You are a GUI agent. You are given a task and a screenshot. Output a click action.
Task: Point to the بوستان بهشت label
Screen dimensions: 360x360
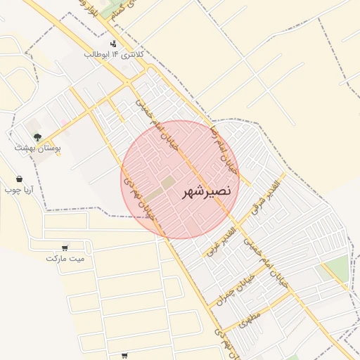point(38,148)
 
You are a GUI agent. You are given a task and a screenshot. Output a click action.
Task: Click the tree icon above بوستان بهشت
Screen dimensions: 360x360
point(37,137)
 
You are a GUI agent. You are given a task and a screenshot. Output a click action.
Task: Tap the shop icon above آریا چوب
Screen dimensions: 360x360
point(19,179)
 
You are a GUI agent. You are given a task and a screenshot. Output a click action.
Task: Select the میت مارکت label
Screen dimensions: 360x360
point(65,258)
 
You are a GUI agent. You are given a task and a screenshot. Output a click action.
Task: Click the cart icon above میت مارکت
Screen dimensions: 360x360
point(65,247)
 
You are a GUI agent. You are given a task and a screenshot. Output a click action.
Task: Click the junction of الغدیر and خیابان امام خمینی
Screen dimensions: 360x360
point(236,224)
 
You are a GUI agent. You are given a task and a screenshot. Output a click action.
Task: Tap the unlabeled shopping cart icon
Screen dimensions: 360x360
point(124,356)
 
